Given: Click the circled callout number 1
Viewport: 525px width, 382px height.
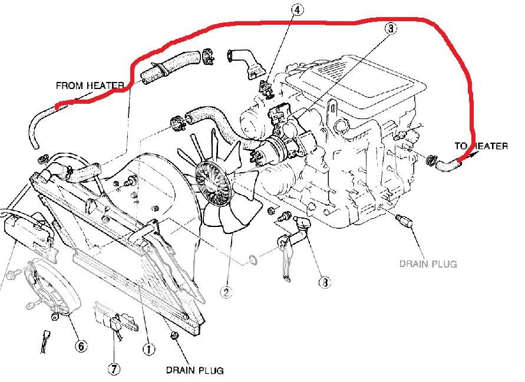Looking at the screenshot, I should (148, 350).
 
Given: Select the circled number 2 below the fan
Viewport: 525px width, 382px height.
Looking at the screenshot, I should (227, 290).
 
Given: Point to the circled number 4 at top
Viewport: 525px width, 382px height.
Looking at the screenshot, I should (298, 10).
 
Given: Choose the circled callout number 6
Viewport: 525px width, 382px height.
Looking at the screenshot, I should (80, 345).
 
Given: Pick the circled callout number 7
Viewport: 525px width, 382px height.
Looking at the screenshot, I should (114, 369).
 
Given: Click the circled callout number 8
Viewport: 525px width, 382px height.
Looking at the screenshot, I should (323, 282).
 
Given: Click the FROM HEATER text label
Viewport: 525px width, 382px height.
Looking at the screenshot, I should (90, 85).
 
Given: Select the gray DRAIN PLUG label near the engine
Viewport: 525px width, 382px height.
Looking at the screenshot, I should (428, 264).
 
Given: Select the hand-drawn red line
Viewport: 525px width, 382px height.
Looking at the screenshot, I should (295, 22).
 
